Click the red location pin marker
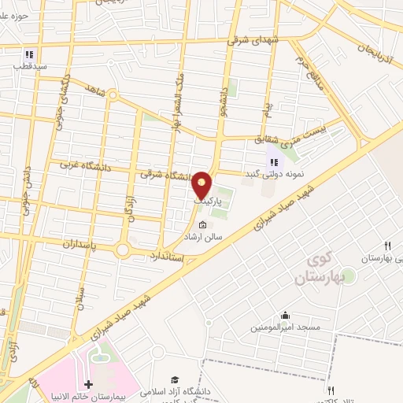click(203, 184)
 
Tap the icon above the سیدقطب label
click(29, 54)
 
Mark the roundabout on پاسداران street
click(123, 250)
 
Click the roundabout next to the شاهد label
click(113, 97)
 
